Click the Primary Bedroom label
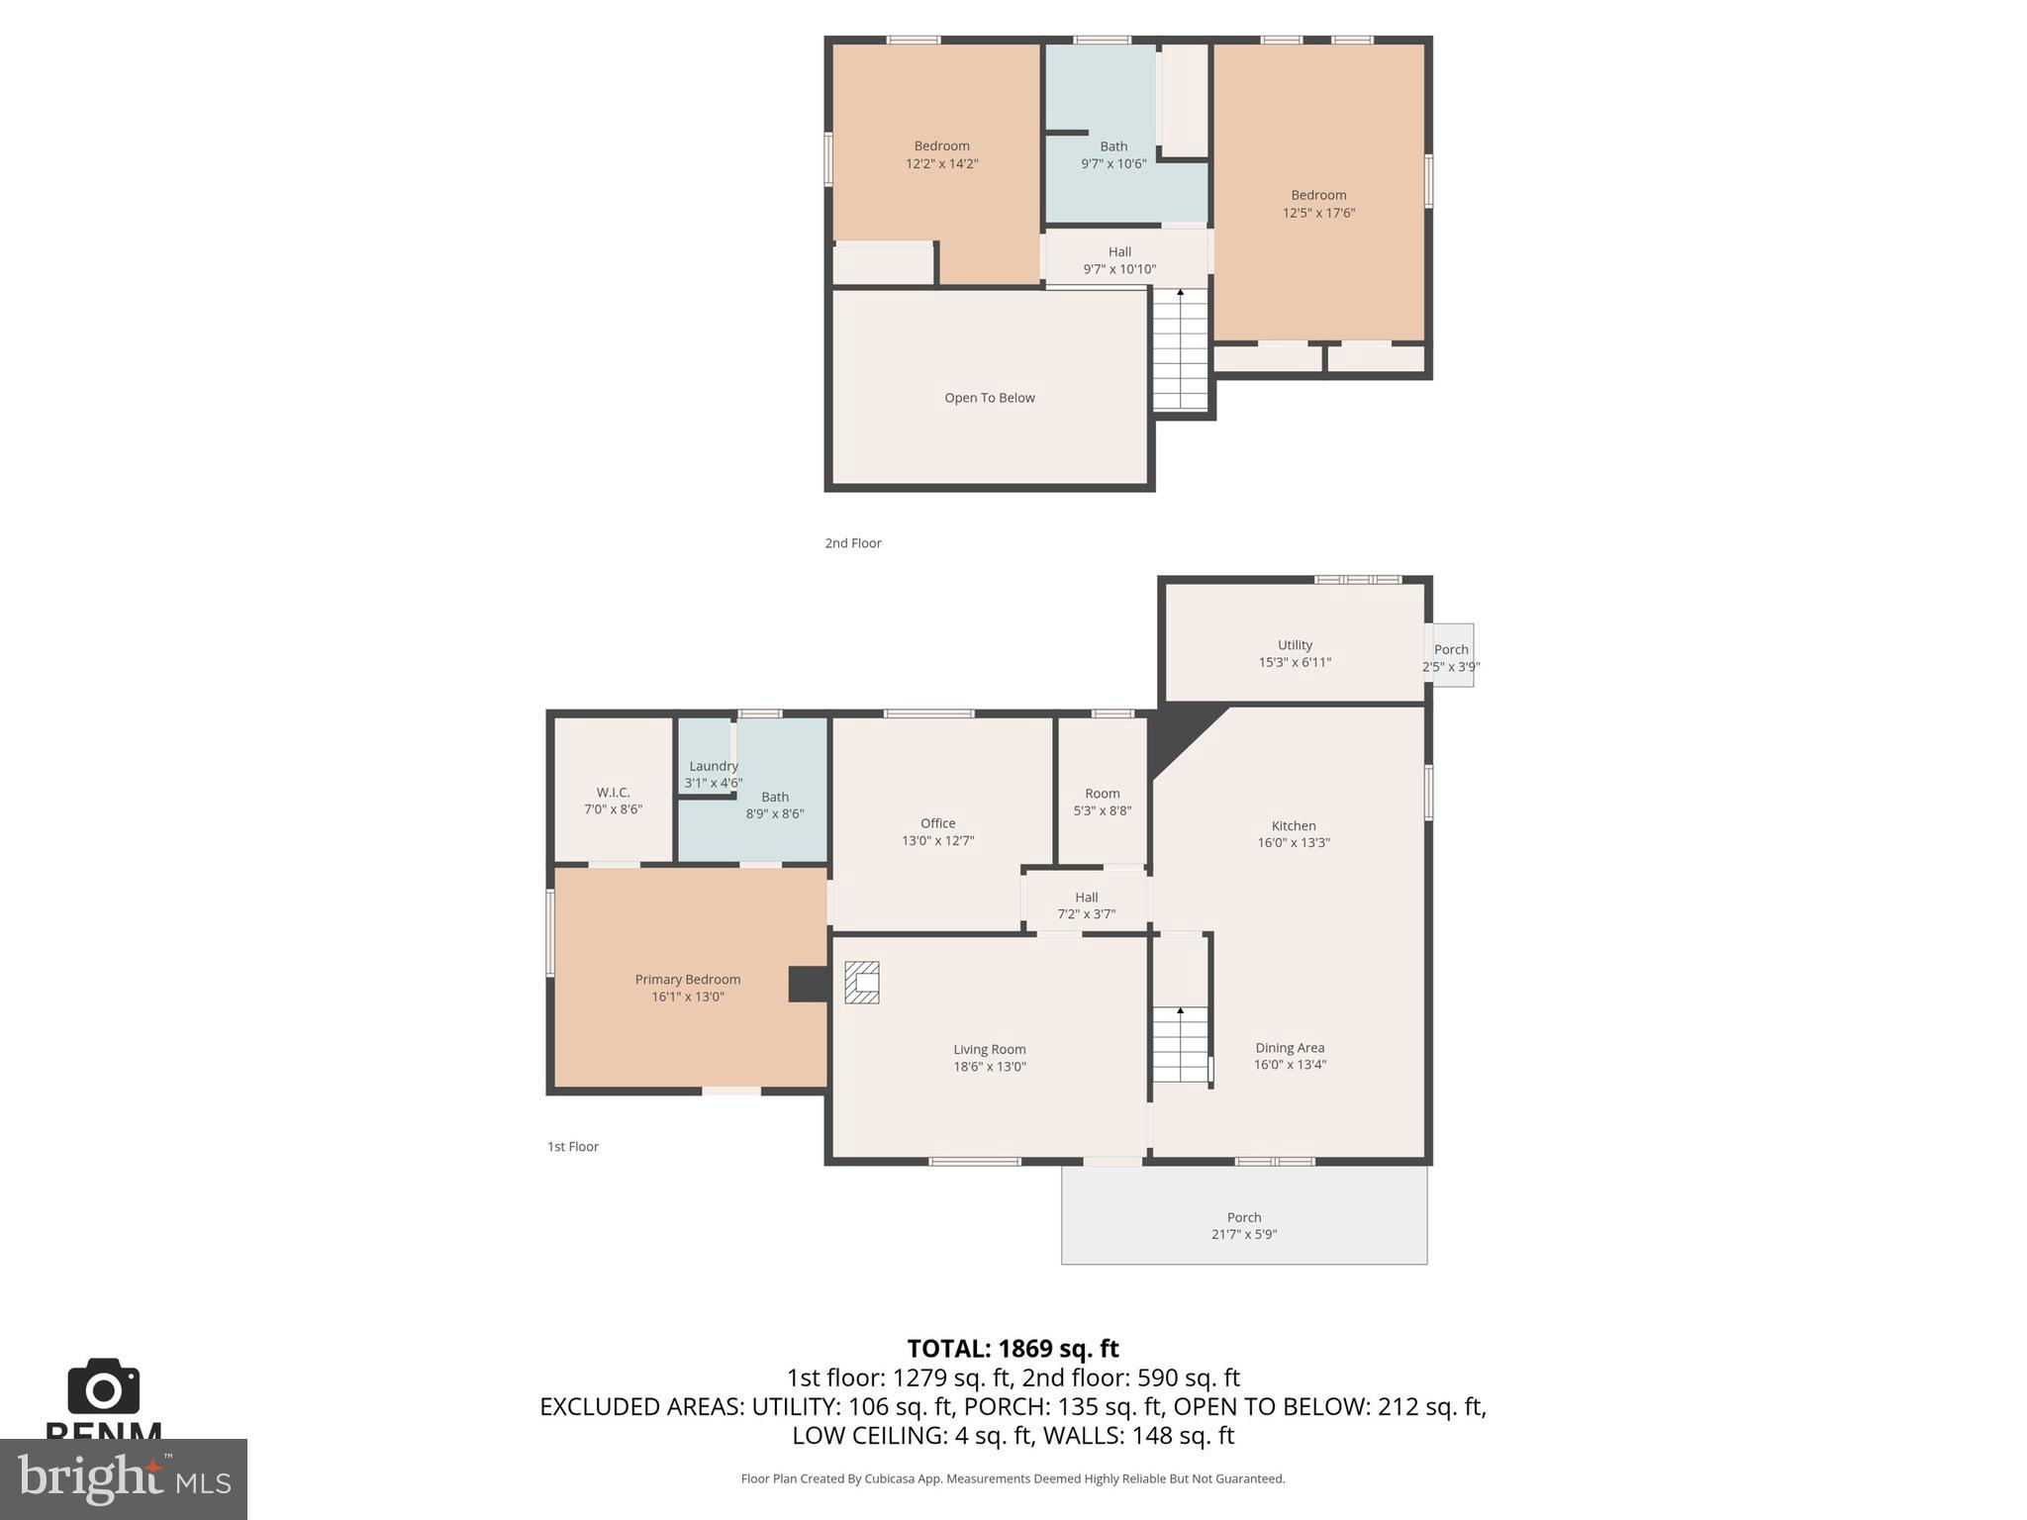tap(687, 979)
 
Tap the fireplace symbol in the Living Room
tap(861, 983)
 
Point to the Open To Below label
tap(989, 398)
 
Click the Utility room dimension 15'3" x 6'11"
tap(1295, 662)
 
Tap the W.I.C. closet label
tap(613, 793)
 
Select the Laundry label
tap(713, 766)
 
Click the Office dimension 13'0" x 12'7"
tap(937, 840)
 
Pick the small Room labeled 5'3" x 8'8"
tap(1102, 802)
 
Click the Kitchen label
tap(1294, 825)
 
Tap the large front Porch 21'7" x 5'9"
tap(1244, 1225)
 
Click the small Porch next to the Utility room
tap(1452, 655)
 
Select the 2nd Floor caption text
tap(853, 543)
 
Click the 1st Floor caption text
tap(573, 1147)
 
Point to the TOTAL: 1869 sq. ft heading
tap(1013, 1349)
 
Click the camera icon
tap(103, 1387)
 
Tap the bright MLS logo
tap(123, 1478)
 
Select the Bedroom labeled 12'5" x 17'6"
tap(1318, 204)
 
